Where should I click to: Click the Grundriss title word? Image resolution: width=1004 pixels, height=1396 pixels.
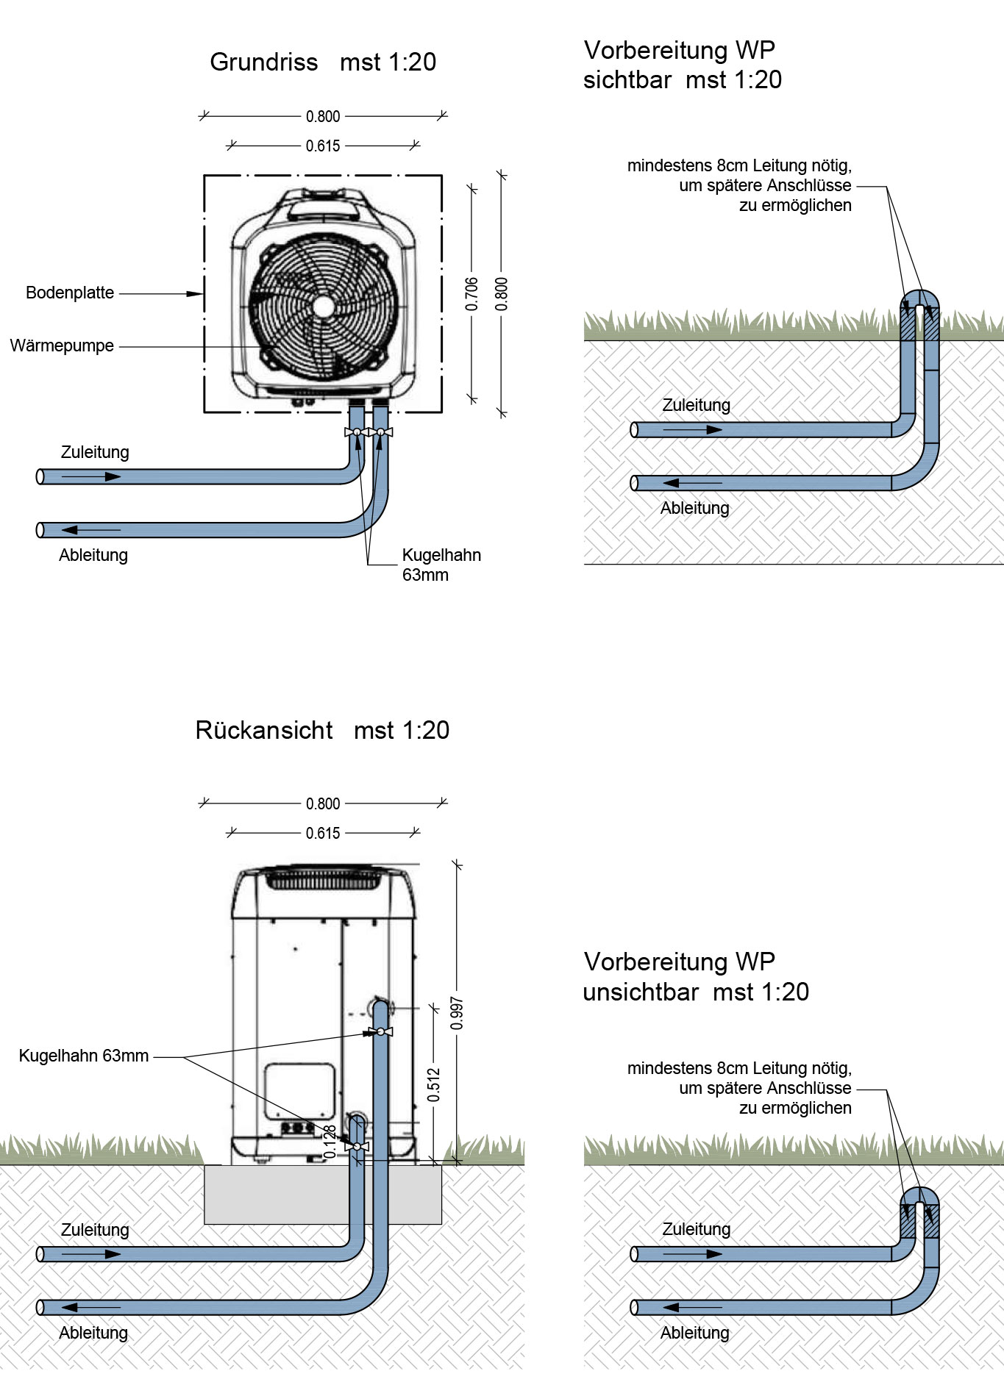pos(263,62)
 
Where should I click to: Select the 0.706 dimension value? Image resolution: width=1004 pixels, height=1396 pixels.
pos(472,293)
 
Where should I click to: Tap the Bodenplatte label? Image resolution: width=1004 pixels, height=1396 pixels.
pos(70,293)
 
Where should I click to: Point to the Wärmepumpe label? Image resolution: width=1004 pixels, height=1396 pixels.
pos(62,346)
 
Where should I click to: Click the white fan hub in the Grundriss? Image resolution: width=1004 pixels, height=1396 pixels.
pos(323,307)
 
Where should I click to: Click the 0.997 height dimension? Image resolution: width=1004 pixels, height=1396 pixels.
pos(457,1013)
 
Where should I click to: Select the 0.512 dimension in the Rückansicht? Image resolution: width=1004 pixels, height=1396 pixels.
pos(434,1084)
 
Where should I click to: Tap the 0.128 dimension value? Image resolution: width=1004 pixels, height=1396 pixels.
pos(331,1142)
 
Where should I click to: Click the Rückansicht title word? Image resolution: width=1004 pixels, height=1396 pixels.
pos(263,731)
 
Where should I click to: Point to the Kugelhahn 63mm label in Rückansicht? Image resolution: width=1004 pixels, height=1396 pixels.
pos(83,1056)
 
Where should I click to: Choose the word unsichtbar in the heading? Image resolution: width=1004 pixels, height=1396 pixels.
pos(640,992)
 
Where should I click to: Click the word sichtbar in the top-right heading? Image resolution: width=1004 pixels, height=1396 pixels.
pos(627,80)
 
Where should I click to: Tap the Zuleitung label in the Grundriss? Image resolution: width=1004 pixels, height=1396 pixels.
pos(95,452)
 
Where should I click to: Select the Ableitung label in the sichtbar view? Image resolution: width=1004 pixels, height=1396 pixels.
pos(694,508)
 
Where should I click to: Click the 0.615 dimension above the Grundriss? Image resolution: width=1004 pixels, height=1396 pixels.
pos(323,146)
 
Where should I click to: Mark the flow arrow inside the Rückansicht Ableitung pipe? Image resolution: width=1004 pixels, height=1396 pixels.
pos(91,1307)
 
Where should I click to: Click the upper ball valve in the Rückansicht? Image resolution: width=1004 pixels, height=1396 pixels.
pos(381,1032)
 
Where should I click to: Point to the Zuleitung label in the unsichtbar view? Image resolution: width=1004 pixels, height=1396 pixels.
pos(696,1229)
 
